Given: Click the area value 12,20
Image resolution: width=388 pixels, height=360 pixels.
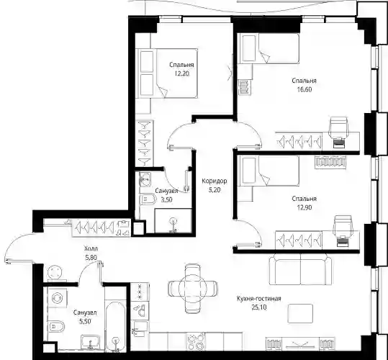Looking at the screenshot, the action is pyautogui.click(x=182, y=73).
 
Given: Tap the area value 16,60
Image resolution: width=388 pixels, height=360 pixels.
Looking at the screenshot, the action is pyautogui.click(x=304, y=89).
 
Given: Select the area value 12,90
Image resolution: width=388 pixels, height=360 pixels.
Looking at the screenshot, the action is pyautogui.click(x=304, y=207).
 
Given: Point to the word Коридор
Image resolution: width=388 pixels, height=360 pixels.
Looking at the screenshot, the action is pyautogui.click(x=215, y=181).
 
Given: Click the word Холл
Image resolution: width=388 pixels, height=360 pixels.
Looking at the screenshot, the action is pyautogui.click(x=91, y=248).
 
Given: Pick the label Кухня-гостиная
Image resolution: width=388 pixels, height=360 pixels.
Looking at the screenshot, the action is pyautogui.click(x=259, y=299).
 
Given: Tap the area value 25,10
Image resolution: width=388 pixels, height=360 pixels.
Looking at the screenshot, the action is pyautogui.click(x=259, y=307).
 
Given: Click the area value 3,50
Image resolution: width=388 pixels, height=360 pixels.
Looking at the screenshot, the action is pyautogui.click(x=166, y=199).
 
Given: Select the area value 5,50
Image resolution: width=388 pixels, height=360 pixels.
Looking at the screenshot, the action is pyautogui.click(x=85, y=321).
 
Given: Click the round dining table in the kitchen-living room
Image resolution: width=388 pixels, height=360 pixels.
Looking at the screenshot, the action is pyautogui.click(x=193, y=288).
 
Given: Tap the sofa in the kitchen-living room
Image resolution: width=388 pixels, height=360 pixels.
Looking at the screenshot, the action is pyautogui.click(x=300, y=270).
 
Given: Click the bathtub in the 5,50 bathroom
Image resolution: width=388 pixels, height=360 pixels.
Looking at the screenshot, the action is pyautogui.click(x=115, y=326).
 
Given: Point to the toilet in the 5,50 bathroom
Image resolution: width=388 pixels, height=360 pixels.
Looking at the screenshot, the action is pyautogui.click(x=57, y=327).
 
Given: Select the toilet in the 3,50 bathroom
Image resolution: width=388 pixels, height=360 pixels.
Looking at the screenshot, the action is pyautogui.click(x=148, y=199).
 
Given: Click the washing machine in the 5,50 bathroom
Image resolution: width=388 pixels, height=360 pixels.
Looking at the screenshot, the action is pyautogui.click(x=58, y=298).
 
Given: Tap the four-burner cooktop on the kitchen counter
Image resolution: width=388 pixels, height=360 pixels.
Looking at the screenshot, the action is pyautogui.click(x=196, y=341).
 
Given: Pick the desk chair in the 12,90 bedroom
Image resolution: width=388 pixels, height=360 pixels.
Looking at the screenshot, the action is pyautogui.click(x=343, y=225).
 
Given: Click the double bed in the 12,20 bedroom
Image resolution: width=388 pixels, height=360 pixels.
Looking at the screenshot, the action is pyautogui.click(x=168, y=73).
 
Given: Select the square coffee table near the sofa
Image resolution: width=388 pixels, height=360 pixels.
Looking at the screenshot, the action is pyautogui.click(x=300, y=313).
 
